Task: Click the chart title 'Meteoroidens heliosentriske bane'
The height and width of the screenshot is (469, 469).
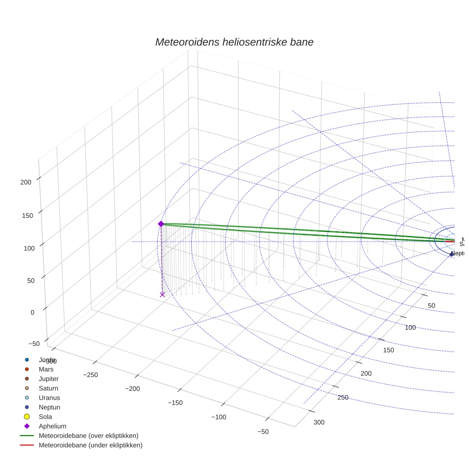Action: click(x=234, y=42)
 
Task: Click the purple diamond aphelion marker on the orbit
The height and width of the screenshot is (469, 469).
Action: click(x=161, y=224)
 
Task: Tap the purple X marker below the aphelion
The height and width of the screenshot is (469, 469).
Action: click(x=162, y=295)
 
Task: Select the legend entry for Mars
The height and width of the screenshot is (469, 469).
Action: click(x=46, y=369)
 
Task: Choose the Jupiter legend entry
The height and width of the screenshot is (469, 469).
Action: click(x=49, y=379)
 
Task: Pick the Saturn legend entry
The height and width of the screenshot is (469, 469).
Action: click(x=48, y=388)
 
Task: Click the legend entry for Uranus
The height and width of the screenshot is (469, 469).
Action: click(x=49, y=398)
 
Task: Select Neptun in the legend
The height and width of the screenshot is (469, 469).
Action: click(x=49, y=408)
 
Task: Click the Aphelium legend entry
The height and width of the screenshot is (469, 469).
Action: click(x=52, y=426)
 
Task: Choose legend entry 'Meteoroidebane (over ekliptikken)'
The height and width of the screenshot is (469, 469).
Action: click(x=88, y=436)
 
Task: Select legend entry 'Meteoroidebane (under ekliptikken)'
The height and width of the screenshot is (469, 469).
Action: click(x=90, y=445)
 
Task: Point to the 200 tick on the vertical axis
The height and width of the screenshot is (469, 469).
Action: click(x=26, y=182)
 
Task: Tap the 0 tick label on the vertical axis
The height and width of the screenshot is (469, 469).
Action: click(x=32, y=312)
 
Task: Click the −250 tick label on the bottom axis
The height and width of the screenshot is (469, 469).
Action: click(x=90, y=375)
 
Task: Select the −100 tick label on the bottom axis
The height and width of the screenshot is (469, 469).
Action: click(x=219, y=417)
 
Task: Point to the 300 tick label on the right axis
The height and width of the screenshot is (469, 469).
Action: click(x=319, y=422)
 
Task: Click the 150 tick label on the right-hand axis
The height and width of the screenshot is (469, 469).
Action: click(x=388, y=350)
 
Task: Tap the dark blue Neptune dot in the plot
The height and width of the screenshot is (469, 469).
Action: click(x=451, y=255)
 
